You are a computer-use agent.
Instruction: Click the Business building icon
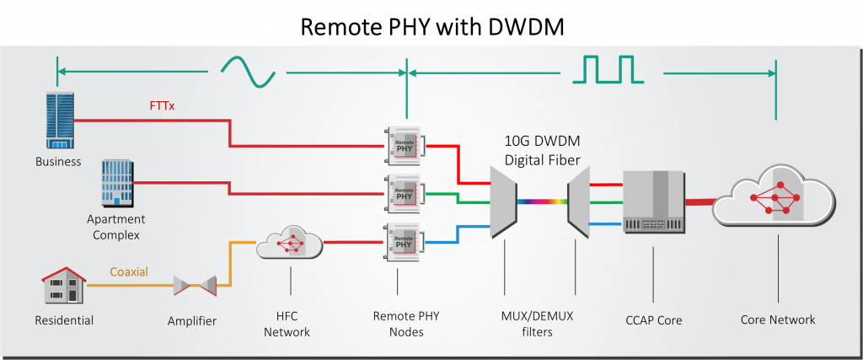tap(60, 121)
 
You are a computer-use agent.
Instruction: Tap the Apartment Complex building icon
tap(116, 183)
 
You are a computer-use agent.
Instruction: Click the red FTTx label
tap(162, 105)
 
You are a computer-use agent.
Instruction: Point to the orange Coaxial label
tap(129, 272)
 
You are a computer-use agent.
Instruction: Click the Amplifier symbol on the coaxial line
tap(195, 285)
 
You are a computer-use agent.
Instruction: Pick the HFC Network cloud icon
tap(290, 242)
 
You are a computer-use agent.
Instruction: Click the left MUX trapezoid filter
tap(504, 202)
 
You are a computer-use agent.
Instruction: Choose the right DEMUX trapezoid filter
tap(578, 202)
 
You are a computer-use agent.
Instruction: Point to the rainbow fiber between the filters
tap(542, 202)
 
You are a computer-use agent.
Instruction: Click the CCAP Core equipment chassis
tap(653, 201)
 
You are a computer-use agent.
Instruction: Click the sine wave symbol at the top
tap(248, 72)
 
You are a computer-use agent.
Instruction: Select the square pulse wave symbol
tap(608, 69)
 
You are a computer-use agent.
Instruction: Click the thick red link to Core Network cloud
tap(700, 202)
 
